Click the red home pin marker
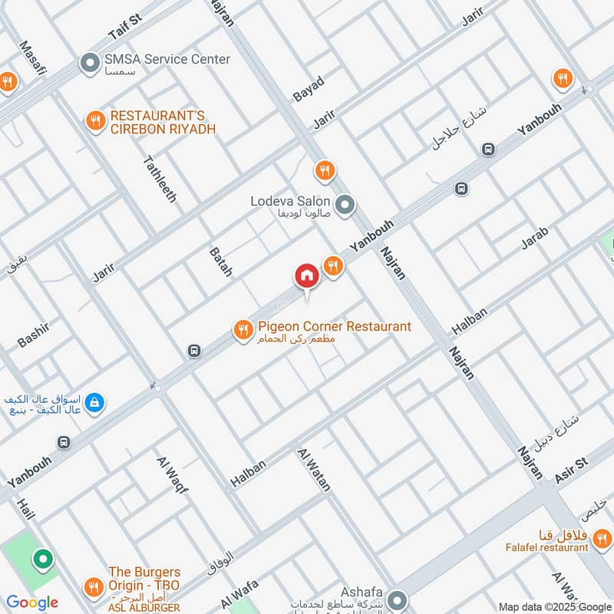click(x=307, y=276)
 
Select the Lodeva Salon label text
click(x=290, y=202)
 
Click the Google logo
click(x=32, y=603)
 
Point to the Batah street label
click(x=220, y=262)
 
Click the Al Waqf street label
click(x=172, y=474)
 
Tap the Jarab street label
click(x=535, y=239)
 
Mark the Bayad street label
click(x=309, y=90)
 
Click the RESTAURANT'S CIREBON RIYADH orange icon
click(x=95, y=120)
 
